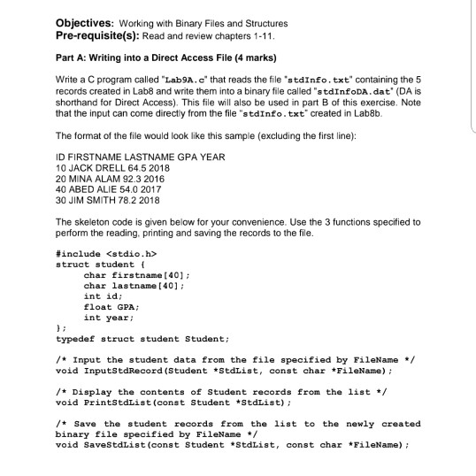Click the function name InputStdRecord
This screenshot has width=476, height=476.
[122, 365]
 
